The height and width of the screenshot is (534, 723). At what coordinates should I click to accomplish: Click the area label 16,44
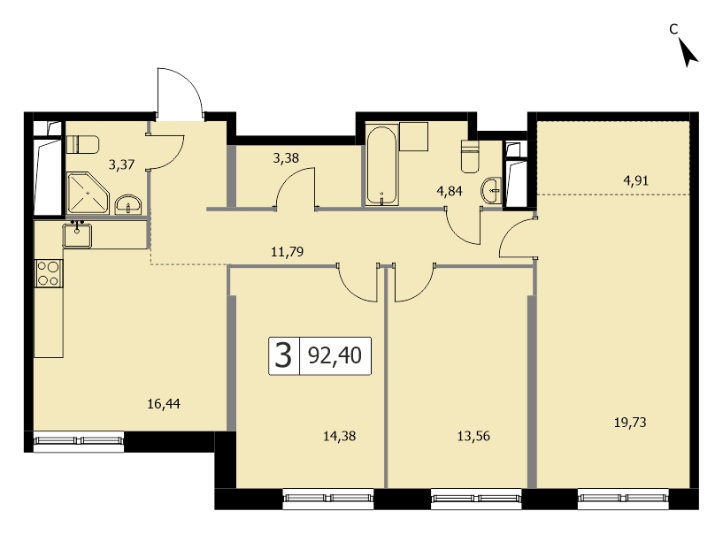164,404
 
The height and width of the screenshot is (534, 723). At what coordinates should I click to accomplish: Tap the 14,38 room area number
339,436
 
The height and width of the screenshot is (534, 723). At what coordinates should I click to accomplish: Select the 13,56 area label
473,436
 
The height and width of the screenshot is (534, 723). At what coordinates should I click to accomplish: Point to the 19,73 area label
630,422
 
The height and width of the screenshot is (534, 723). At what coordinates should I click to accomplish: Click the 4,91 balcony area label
636,180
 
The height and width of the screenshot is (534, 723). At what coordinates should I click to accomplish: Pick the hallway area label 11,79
288,252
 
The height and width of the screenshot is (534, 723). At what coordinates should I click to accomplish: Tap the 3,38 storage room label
286,158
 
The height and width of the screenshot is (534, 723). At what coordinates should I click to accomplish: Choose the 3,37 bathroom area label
122,164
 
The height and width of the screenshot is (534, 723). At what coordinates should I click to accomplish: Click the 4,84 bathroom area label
450,191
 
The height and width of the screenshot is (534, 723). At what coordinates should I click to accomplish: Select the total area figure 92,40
335,355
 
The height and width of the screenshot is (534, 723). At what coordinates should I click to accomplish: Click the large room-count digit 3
283,355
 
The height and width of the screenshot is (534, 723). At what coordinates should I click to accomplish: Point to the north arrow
688,52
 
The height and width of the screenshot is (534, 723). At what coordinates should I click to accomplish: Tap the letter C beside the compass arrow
673,29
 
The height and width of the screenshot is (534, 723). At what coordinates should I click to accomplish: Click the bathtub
381,165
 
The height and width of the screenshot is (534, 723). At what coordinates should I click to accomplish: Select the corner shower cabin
88,194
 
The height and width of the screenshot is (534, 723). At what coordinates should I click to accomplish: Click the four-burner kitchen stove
49,273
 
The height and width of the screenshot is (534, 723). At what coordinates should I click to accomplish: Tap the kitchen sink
77,235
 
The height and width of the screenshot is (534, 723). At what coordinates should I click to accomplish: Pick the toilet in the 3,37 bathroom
83,144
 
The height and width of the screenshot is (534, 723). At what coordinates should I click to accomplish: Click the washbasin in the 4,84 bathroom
491,190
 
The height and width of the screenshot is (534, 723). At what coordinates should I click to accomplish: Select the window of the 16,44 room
79,441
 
